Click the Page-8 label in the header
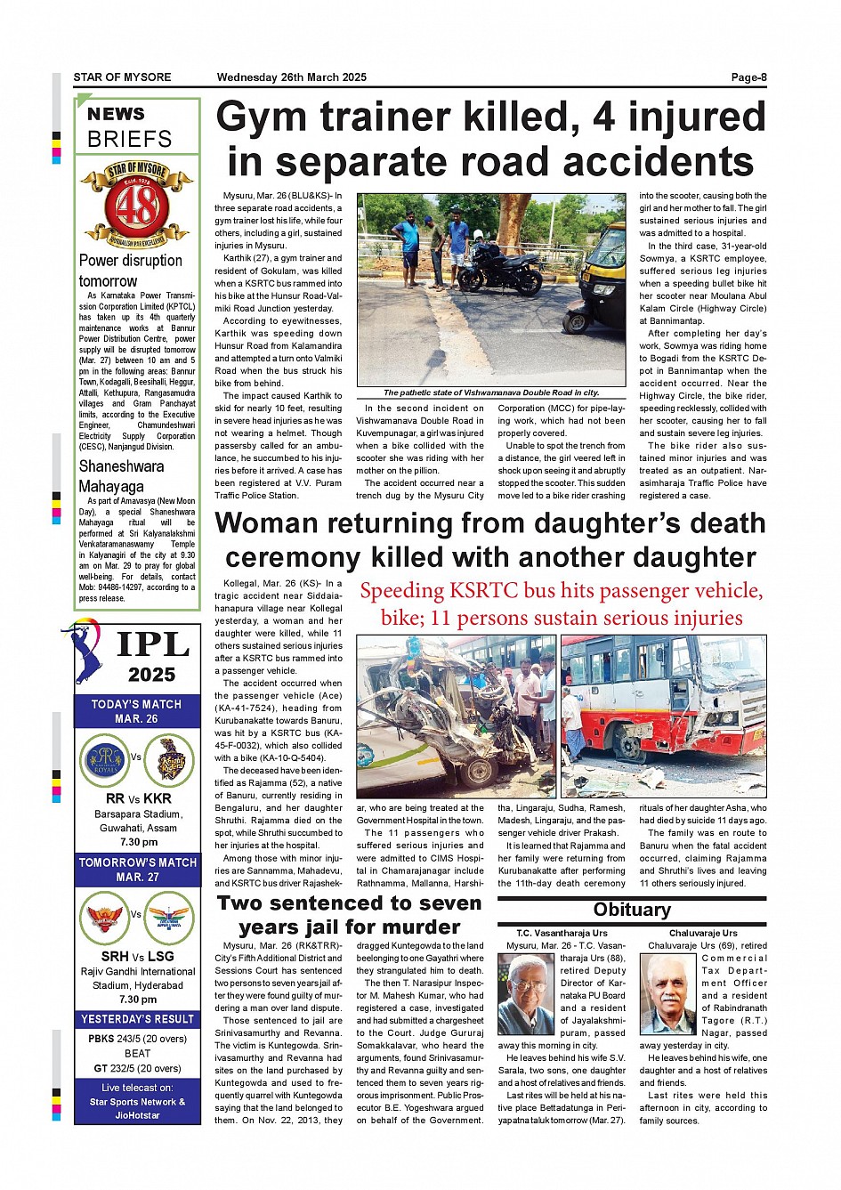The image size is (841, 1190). (x=748, y=77)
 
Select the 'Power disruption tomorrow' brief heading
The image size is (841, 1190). (x=130, y=271)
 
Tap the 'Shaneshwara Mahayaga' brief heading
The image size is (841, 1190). (x=121, y=476)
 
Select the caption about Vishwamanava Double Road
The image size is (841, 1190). (x=490, y=393)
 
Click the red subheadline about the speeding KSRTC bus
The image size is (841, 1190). (x=561, y=604)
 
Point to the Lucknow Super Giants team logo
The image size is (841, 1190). (x=169, y=917)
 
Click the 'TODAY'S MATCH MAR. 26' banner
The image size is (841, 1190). (x=136, y=711)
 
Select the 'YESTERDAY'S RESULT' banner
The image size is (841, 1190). (x=137, y=1019)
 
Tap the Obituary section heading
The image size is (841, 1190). (x=632, y=910)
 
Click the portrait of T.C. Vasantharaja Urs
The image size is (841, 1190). (x=526, y=993)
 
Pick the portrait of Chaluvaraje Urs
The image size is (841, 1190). (x=667, y=993)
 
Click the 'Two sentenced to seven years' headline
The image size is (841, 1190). (x=350, y=914)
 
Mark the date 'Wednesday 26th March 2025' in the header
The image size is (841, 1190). (x=291, y=77)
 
